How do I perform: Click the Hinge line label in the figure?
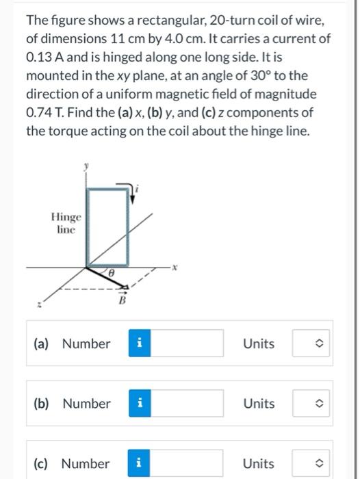[66, 223]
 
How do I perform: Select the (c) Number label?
[72, 463]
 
